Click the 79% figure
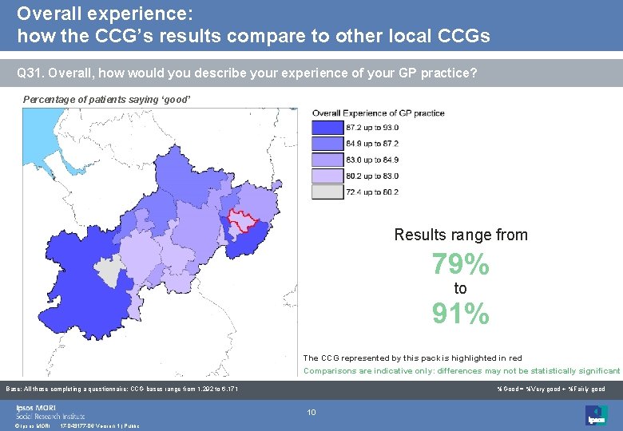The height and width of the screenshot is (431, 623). point(460,263)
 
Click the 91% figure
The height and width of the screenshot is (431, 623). point(460,314)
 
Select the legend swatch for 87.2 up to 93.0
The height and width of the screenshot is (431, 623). point(327,128)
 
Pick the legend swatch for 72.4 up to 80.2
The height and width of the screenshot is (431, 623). point(327,192)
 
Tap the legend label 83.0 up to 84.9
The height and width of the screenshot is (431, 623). point(371,160)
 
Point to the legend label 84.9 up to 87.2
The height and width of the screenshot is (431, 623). point(371,144)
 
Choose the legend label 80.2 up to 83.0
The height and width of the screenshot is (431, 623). point(371,176)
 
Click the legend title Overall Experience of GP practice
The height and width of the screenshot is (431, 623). point(378,113)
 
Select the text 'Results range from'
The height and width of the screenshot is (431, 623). point(461,235)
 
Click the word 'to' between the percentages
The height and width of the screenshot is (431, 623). point(460,289)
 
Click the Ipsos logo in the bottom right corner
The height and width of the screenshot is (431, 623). point(596,415)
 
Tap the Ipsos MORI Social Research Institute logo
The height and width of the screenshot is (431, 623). point(50,412)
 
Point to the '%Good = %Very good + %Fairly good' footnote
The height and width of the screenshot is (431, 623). point(550,389)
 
